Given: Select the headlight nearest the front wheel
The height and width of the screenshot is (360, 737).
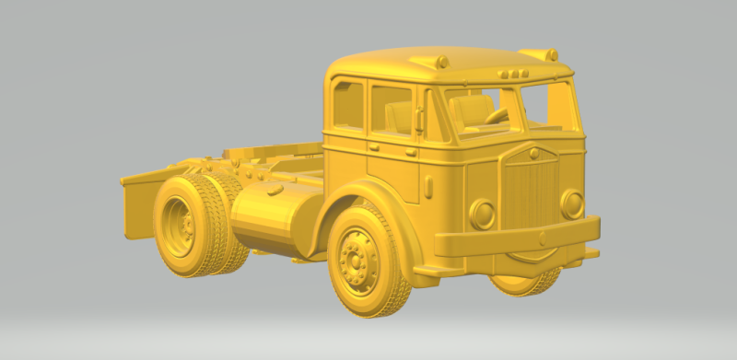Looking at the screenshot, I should (482, 214).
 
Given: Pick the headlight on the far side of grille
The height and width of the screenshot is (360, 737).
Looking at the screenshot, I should (572, 203).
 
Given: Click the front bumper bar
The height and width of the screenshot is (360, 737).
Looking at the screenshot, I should (516, 237).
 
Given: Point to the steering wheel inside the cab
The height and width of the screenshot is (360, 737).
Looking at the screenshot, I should (498, 116).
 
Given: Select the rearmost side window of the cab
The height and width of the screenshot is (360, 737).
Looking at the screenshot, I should (347, 105).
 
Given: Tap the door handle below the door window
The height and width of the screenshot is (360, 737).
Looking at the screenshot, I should (375, 146).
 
